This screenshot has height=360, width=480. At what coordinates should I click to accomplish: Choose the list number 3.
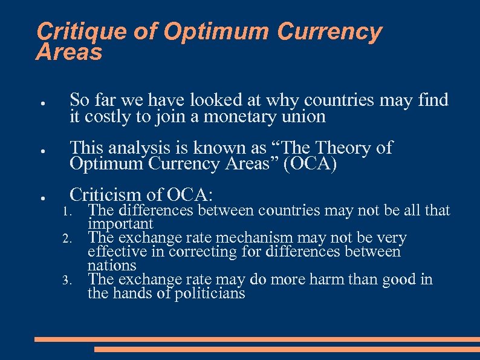[x=67, y=280]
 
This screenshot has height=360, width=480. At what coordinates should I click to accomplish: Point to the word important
[x=120, y=224]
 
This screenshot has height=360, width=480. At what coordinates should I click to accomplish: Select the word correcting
[x=204, y=252]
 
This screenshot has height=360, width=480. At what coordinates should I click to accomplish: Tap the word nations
[x=112, y=266]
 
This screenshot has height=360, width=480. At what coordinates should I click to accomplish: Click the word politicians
[x=207, y=293]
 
